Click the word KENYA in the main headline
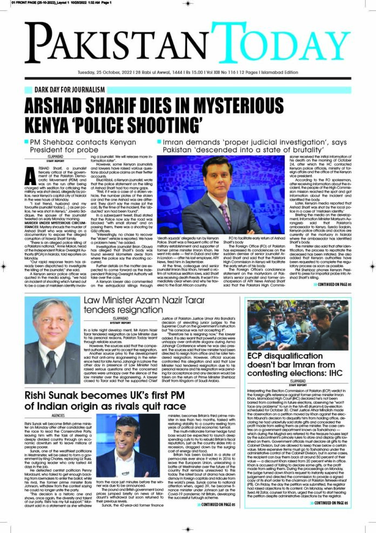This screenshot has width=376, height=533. [58, 122]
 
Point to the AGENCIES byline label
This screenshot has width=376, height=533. [57, 416]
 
